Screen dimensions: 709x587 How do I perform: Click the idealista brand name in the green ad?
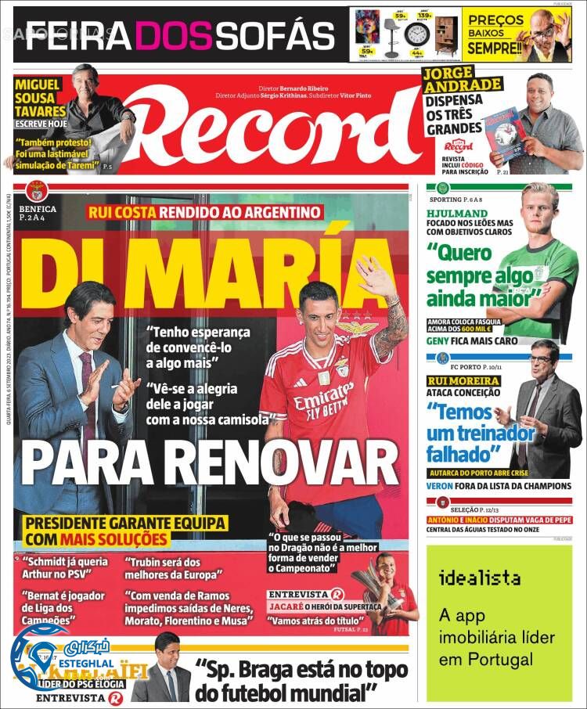[x=480, y=579]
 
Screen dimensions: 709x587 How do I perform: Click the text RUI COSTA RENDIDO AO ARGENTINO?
[x=204, y=211]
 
